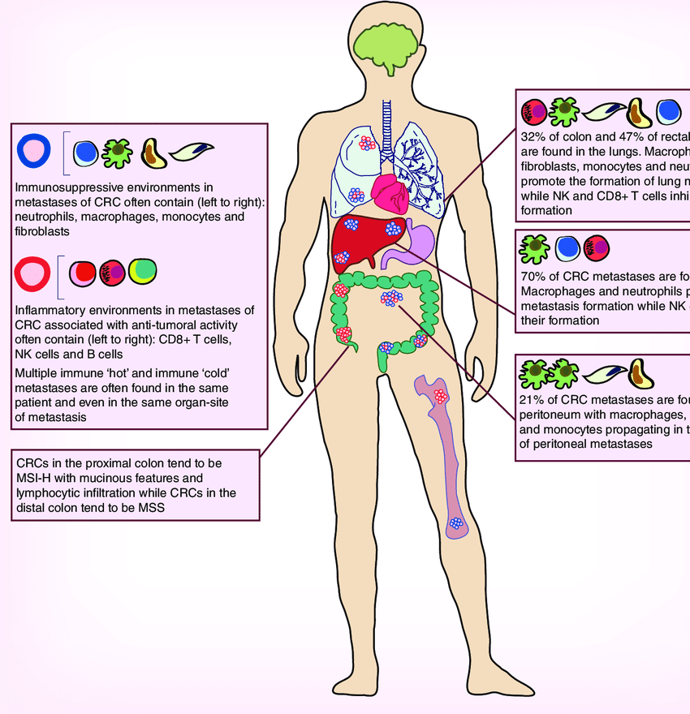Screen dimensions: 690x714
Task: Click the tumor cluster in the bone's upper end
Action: (x=441, y=398)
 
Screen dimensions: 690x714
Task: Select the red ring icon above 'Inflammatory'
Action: (x=32, y=272)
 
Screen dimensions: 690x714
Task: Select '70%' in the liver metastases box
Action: (x=537, y=276)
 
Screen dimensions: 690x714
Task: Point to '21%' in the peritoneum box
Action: (x=536, y=398)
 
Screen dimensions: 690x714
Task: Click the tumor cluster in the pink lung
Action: (x=367, y=144)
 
